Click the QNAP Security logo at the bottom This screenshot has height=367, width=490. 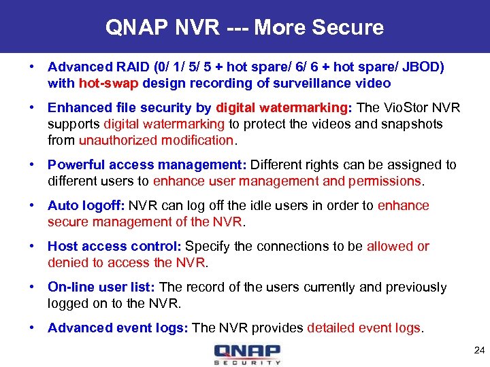click(246, 354)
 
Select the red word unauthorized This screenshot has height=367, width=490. click(119, 141)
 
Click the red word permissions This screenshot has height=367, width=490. click(385, 181)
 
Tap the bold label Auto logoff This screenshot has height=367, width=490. click(86, 206)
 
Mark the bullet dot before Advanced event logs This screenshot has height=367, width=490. click(32, 328)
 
